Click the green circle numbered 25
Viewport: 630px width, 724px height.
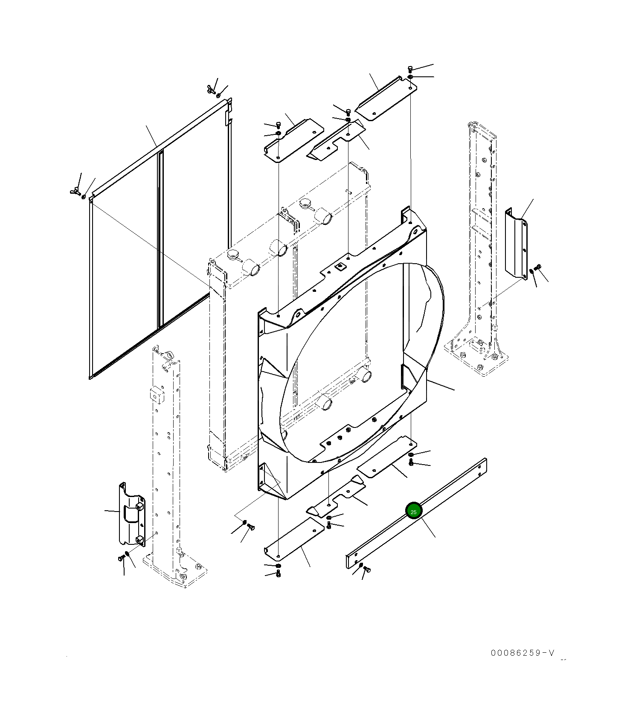click(413, 511)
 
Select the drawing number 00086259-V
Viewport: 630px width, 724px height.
click(522, 653)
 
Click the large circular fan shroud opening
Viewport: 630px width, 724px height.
click(363, 363)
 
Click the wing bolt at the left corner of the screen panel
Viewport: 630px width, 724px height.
click(75, 190)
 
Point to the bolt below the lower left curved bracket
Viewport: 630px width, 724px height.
click(121, 558)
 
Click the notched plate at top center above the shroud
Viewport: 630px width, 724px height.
click(337, 141)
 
